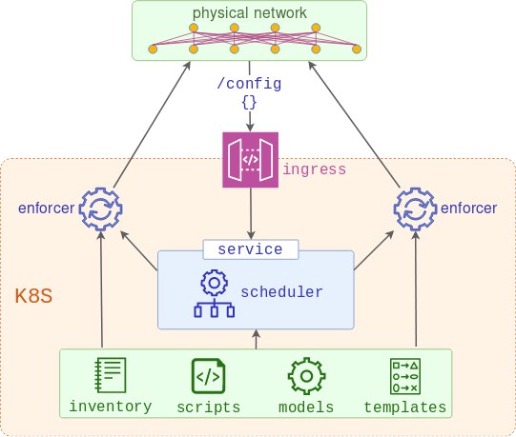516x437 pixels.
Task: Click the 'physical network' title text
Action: point(250,13)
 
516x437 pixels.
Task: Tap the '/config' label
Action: point(249,83)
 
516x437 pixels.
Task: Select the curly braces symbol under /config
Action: point(249,102)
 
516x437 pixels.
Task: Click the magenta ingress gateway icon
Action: point(251,160)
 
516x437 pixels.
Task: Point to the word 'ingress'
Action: point(315,169)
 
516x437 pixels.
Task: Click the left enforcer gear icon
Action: point(101,209)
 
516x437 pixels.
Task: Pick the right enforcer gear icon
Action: point(416,209)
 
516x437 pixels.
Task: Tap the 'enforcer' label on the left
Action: point(47,208)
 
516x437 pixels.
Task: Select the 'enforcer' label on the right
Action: point(468,208)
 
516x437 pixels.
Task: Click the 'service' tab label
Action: point(251,249)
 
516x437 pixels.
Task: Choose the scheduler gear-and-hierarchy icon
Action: point(215,293)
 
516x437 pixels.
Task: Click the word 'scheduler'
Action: point(281,291)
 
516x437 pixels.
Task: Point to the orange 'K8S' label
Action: point(33,296)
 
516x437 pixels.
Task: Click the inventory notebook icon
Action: point(111,375)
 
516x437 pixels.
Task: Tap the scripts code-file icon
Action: point(208,376)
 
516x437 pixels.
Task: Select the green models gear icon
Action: point(307,376)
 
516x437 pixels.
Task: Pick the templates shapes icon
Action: point(405,376)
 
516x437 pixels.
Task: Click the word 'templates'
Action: point(405,407)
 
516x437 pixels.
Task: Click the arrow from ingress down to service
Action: point(251,214)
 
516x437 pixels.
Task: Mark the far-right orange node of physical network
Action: point(357,50)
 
